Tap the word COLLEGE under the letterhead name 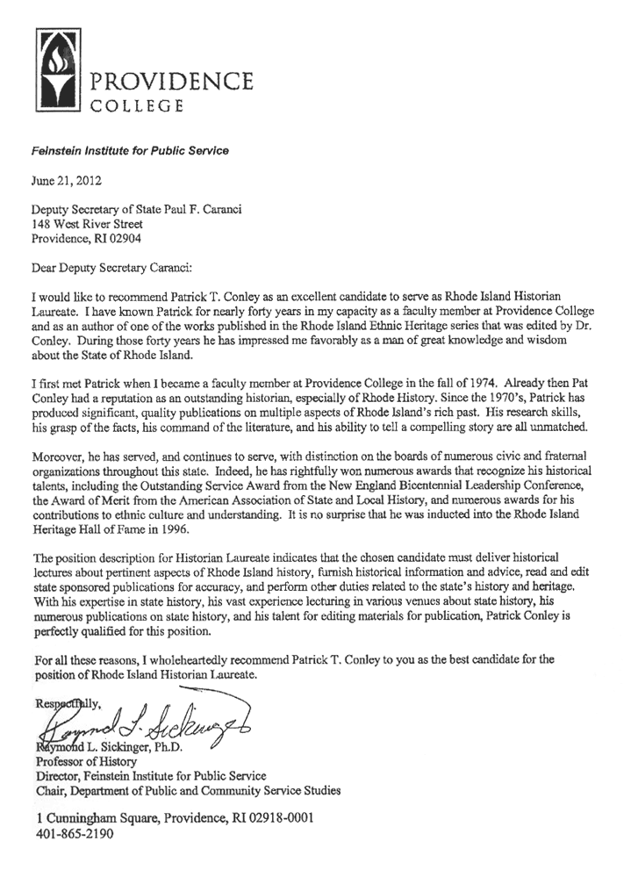(x=137, y=108)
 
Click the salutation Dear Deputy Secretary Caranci (x=111, y=265)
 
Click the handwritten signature (x=140, y=722)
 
